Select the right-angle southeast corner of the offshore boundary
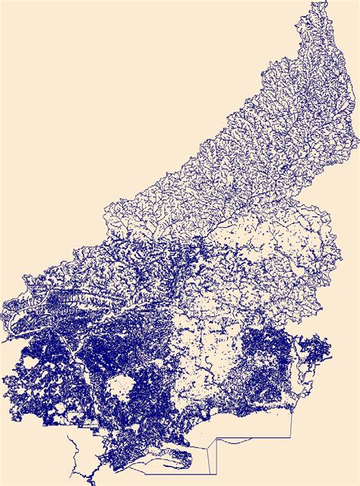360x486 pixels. tap(292, 438)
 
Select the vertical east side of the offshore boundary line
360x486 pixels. tap(292, 425)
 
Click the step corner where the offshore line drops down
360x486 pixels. tap(217, 439)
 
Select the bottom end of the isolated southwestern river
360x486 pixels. tap(91, 481)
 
